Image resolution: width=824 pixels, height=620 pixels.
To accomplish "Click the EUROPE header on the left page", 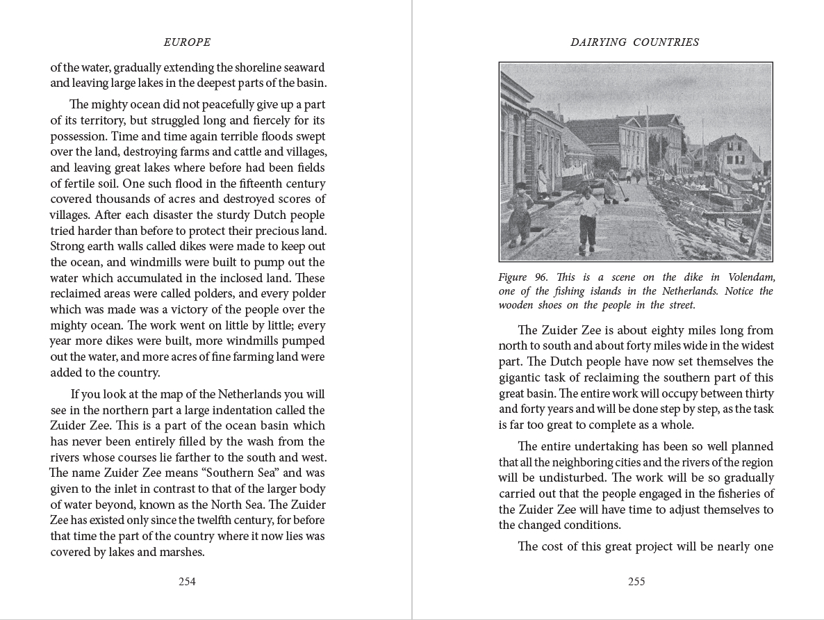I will (187, 42).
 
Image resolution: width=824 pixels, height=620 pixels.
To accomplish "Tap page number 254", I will (187, 582).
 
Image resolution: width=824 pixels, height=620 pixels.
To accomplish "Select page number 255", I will (636, 582).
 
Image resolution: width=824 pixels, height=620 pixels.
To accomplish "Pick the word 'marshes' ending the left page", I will (181, 553).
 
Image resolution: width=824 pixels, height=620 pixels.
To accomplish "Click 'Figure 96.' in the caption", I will (522, 277).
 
